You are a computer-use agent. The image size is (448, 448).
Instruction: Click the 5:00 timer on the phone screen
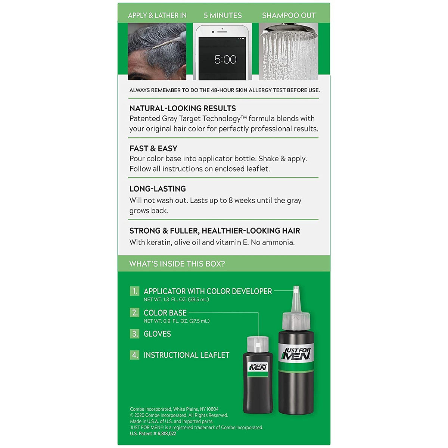click(225, 59)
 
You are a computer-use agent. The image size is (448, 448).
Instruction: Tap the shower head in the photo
click(289, 31)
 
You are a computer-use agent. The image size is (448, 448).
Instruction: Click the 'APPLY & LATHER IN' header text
click(157, 15)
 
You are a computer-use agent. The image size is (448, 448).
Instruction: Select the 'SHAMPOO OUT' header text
click(289, 15)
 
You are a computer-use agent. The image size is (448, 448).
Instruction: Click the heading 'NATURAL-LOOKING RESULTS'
click(183, 108)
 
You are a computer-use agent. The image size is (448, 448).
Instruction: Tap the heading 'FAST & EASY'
click(153, 148)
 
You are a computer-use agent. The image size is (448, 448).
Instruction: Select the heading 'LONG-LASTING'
click(158, 189)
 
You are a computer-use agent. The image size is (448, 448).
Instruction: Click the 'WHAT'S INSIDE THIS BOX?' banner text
click(177, 264)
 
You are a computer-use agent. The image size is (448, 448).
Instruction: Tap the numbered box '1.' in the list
click(134, 291)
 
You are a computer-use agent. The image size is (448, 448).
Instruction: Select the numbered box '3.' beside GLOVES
click(134, 334)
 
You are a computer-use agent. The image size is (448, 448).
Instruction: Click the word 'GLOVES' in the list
click(157, 334)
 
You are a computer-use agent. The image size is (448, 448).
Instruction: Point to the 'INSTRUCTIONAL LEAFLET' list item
click(186, 355)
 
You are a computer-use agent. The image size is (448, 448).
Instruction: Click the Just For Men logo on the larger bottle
click(296, 354)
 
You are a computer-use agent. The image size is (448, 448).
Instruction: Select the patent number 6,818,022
click(167, 433)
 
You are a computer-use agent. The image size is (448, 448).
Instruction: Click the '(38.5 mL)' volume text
click(198, 299)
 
